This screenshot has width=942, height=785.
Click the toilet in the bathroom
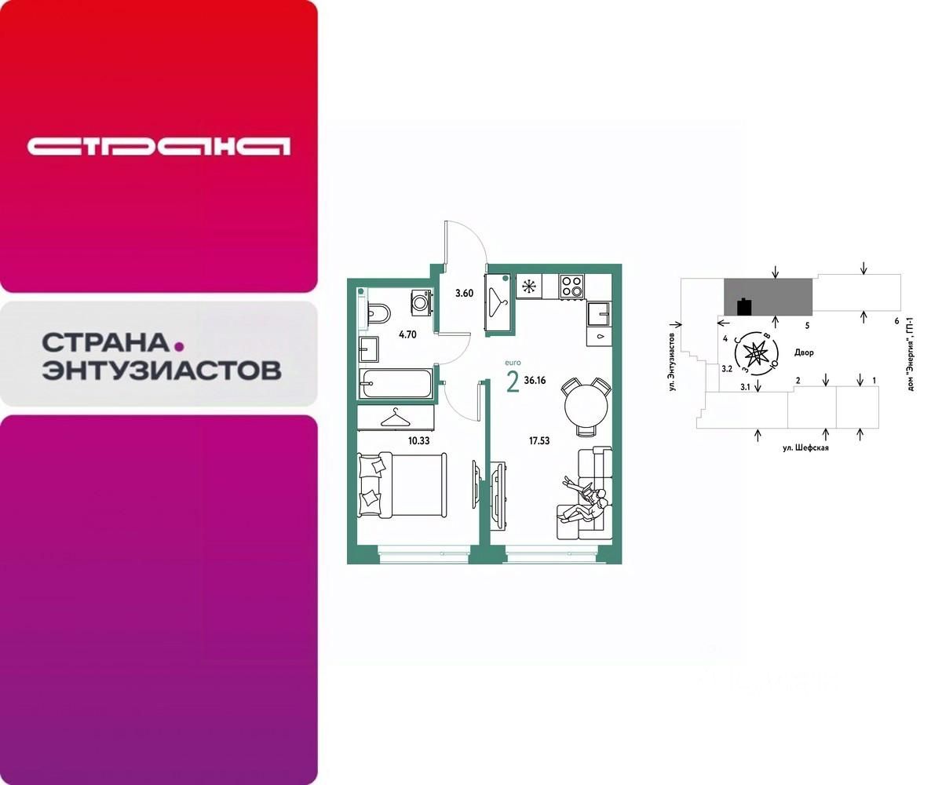point(378,313)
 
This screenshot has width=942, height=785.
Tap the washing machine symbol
point(421,301)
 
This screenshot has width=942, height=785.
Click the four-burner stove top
point(571,287)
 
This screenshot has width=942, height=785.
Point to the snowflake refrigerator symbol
point(529,287)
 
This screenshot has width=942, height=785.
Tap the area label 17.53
point(539,440)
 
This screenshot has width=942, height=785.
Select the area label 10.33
point(418,440)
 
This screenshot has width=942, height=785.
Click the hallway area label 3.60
point(464,294)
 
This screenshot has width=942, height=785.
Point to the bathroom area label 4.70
point(407,334)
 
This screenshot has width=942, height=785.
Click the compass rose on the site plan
point(755,353)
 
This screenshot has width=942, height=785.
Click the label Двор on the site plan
point(804,352)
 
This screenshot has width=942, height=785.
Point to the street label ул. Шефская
point(805,447)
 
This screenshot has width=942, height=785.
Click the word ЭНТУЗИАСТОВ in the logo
point(161,371)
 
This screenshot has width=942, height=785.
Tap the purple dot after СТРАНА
point(178,345)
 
